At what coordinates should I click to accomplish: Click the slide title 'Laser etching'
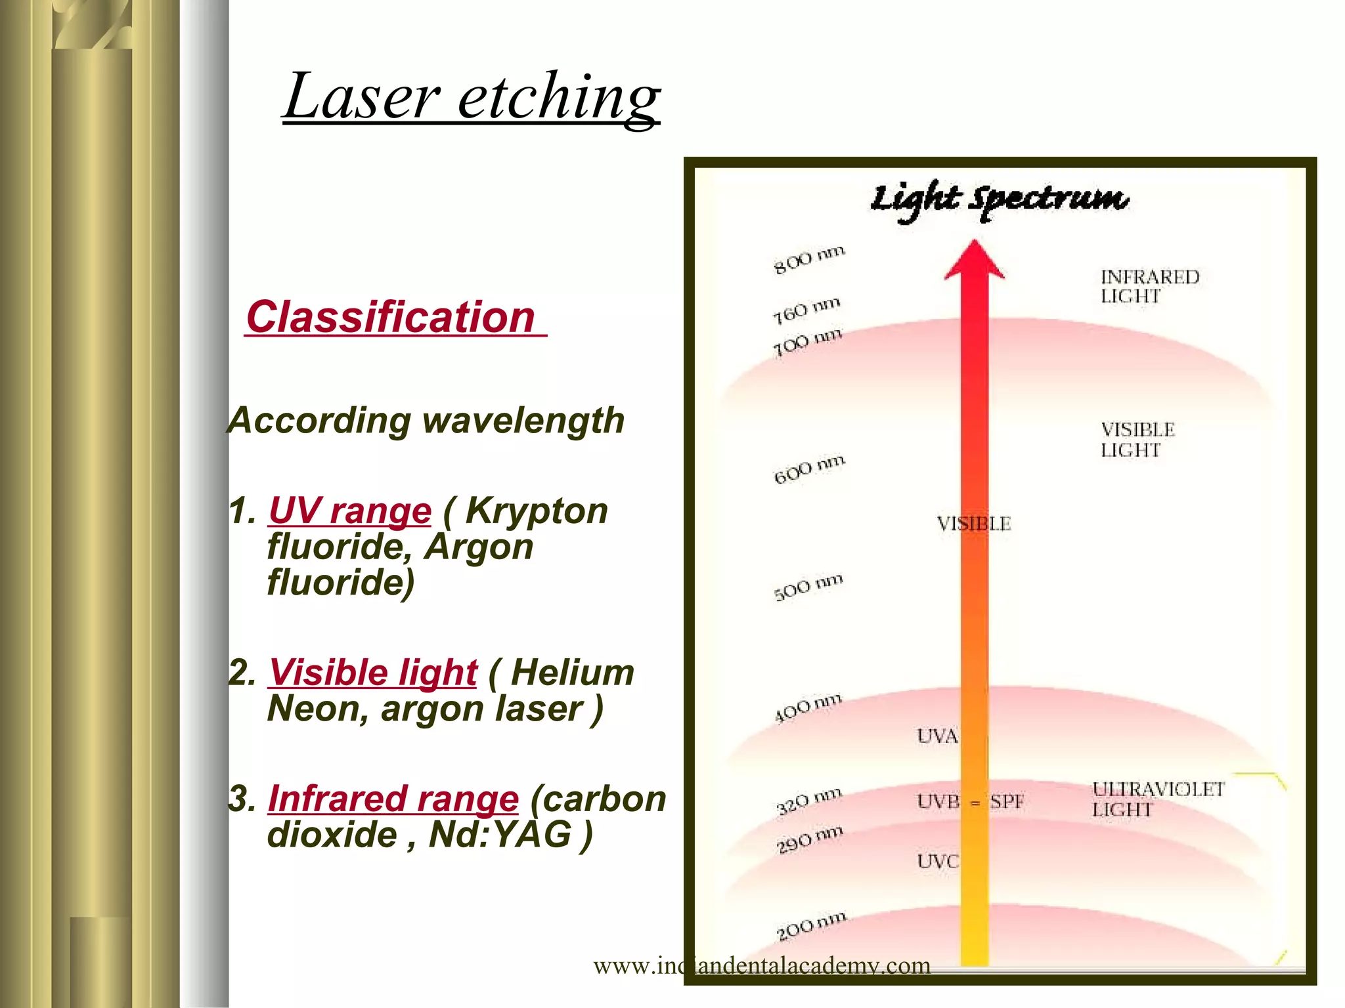click(x=472, y=97)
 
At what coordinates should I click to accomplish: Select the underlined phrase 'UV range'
click(x=350, y=511)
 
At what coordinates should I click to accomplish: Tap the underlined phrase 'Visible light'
click(x=372, y=673)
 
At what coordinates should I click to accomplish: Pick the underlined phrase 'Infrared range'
click(x=393, y=799)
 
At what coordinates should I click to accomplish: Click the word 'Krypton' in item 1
click(x=536, y=511)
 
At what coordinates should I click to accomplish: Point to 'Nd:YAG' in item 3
click(x=500, y=834)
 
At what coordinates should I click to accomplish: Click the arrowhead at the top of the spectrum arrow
click(x=975, y=261)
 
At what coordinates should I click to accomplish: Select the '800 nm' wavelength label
click(x=808, y=259)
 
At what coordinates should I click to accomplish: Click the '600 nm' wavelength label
click(x=808, y=469)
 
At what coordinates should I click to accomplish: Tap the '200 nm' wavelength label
click(x=810, y=925)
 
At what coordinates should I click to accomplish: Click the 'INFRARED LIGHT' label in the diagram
click(x=1149, y=286)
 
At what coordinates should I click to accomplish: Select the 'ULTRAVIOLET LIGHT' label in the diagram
click(x=1157, y=799)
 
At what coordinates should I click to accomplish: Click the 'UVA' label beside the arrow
click(x=937, y=736)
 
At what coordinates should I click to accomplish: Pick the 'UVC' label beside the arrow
click(x=938, y=861)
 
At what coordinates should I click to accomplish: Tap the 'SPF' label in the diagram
click(x=1007, y=801)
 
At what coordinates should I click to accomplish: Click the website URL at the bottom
click(x=762, y=965)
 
